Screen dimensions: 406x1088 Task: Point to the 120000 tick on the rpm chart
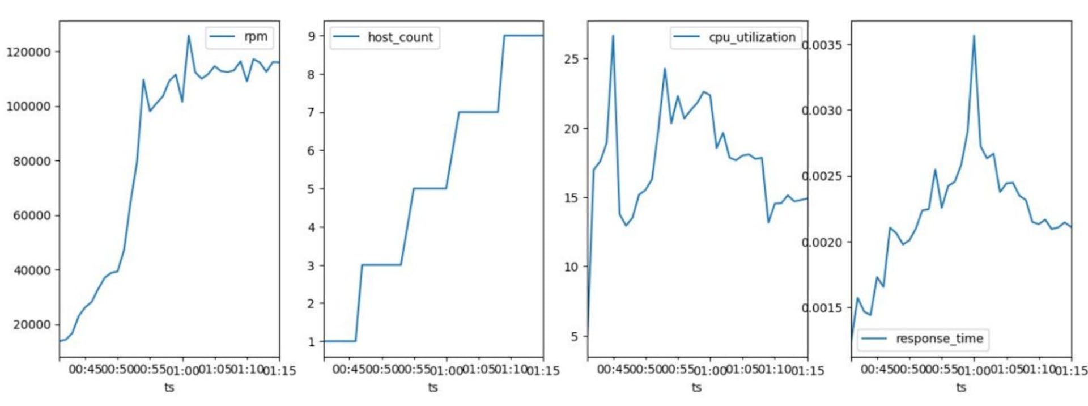coord(28,52)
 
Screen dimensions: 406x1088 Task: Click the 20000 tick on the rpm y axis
coord(32,325)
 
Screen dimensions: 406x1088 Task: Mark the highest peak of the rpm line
coord(189,36)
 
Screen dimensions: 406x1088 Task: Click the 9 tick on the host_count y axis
coord(312,36)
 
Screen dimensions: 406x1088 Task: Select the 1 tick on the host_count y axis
coord(312,342)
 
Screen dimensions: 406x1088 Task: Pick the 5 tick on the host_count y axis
coord(312,189)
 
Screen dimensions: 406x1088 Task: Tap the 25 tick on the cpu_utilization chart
coord(572,59)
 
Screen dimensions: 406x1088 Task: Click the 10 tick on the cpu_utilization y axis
coord(572,267)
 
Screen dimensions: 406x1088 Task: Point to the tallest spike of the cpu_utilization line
coord(613,36)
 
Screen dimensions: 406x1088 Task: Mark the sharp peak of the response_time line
coord(974,36)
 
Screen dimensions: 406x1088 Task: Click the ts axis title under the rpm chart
coord(169,387)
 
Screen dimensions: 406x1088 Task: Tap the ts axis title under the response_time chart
coord(961,387)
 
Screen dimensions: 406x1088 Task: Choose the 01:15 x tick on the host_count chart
coord(543,371)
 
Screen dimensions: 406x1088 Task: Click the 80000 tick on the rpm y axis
coord(32,162)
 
